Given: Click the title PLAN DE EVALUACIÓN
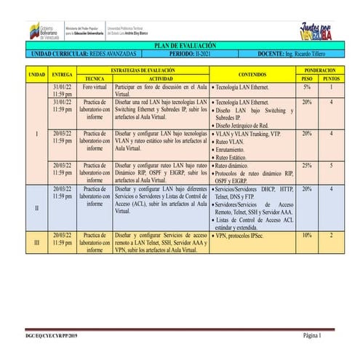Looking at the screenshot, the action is click(x=180, y=46).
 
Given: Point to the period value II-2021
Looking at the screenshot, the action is click(x=204, y=54).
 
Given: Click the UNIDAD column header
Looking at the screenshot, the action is click(x=36, y=73).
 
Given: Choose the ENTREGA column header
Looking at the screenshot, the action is click(x=63, y=73).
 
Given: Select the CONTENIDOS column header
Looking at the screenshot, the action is click(x=252, y=73).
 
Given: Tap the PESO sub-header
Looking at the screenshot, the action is click(x=306, y=77).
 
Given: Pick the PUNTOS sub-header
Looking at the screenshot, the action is click(x=332, y=77).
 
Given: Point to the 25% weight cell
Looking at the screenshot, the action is click(x=306, y=165).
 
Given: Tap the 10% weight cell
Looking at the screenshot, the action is click(x=306, y=236).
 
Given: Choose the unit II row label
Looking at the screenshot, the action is click(x=36, y=208).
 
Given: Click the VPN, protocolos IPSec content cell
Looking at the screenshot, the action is click(x=240, y=236).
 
